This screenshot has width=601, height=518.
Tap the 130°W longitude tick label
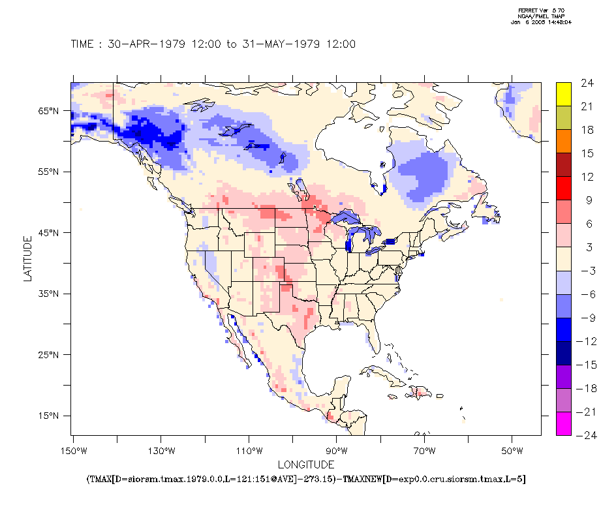pos(161,451)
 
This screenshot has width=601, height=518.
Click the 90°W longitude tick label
pos(337,451)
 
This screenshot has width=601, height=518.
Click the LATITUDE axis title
pos(27,258)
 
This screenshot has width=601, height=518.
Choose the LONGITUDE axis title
pos(306,465)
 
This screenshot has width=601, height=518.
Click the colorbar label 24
pos(587,83)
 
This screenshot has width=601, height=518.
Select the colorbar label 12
pos(587,177)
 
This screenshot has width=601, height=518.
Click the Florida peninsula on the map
pos(373,335)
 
